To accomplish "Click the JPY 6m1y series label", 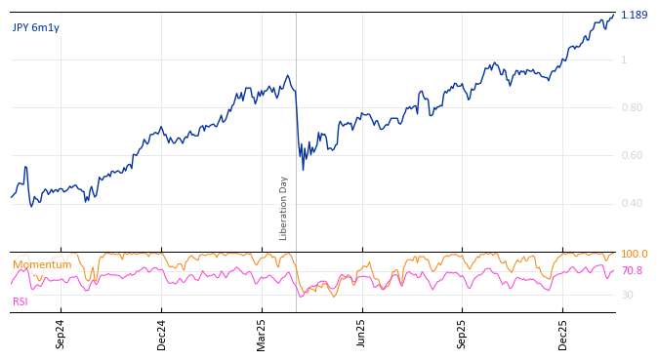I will tap(36, 27).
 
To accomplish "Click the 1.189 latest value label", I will tap(634, 15).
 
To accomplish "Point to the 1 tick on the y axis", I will tap(624, 60).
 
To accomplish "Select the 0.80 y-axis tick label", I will tap(632, 108).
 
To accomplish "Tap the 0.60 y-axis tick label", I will tap(632, 156).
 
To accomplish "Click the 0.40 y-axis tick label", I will tap(632, 204).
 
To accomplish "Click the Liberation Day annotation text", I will tap(284, 208).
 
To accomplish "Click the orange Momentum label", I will tap(42, 264).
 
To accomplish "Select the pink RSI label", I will tap(21, 302).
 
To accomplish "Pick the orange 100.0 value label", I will tap(634, 255).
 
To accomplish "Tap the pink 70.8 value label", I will tap(632, 271).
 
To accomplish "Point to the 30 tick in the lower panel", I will tap(627, 295).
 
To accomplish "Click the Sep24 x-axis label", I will tap(61, 334).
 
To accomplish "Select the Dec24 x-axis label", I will tap(162, 334).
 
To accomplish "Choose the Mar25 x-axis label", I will tap(262, 334).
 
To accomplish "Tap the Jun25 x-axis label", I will tap(361, 334).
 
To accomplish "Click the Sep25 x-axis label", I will tap(462, 334).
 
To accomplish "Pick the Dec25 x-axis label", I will tap(562, 334).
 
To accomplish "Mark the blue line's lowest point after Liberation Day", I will tap(303, 170).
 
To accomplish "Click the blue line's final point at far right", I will tap(614, 15).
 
